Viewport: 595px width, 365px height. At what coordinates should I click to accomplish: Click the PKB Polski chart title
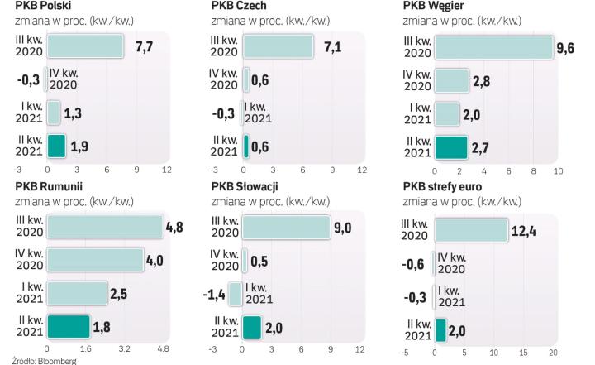43,7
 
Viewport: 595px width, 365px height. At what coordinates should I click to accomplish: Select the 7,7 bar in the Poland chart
85,46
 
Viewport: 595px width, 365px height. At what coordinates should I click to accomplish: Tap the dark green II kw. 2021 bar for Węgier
451,146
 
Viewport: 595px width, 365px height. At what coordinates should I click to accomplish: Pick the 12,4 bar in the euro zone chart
471,229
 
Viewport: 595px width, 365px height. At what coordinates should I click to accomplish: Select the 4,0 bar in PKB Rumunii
95,261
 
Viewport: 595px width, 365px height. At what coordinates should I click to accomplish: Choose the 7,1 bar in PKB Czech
278,46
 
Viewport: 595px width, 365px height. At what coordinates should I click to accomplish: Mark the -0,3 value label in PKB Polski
29,79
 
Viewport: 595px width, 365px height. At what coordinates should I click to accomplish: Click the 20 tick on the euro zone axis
553,353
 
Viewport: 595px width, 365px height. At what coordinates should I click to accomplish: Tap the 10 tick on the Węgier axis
557,170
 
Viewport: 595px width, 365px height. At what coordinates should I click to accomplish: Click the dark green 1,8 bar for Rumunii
69,327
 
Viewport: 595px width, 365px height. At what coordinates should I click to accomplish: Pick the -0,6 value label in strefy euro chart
415,262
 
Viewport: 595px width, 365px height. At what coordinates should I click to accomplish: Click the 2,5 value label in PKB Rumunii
121,294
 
